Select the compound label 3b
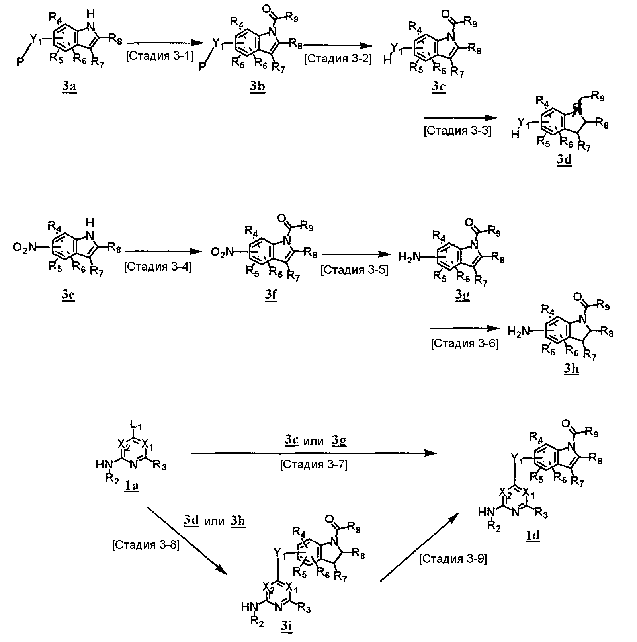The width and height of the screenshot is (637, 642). tap(258, 87)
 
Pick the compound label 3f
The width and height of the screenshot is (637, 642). tap(270, 297)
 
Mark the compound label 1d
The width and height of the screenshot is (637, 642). tap(533, 536)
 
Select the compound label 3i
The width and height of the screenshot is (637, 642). tap(286, 626)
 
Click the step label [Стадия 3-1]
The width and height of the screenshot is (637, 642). tap(160, 57)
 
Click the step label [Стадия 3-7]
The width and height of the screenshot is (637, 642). tap(314, 464)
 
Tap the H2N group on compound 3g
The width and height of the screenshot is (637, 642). tap(409, 258)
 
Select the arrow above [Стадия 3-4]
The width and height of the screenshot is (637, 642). tap(162, 252)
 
